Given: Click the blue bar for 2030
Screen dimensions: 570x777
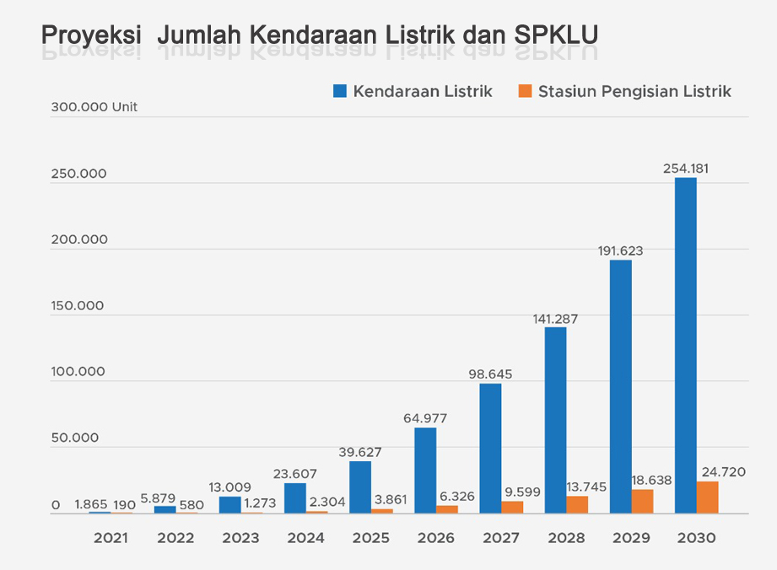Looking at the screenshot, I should [685, 345].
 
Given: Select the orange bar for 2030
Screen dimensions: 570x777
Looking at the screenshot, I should [707, 497].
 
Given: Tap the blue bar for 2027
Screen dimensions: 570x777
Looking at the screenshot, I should [490, 448].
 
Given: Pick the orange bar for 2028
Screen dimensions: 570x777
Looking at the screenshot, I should [577, 504].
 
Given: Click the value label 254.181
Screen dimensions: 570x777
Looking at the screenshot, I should [686, 168].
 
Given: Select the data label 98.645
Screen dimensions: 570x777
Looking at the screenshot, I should [490, 374].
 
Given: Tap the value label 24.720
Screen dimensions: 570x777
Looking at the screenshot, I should [723, 471].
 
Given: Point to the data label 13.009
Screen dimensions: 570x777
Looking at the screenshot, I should [229, 487].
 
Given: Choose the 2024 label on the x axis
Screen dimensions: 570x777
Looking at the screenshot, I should [305, 538].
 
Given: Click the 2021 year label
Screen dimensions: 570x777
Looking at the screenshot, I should [111, 538].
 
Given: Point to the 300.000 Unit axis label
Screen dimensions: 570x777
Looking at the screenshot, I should [94, 107].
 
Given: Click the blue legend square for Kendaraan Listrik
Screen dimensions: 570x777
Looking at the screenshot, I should [340, 91].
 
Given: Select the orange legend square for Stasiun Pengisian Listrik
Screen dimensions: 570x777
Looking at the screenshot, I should [525, 91].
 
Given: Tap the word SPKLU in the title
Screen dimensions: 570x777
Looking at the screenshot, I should [554, 35].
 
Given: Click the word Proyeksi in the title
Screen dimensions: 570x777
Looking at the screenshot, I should [91, 35].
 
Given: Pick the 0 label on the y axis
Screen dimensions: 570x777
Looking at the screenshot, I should [55, 505].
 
